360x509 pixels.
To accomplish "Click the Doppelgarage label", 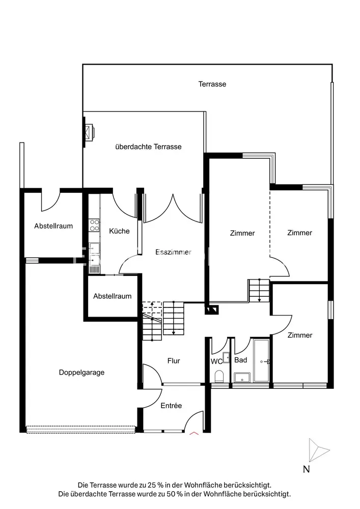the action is coord(81,372).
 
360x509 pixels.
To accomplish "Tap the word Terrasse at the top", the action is coord(212,84).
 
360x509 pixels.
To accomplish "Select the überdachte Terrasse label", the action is coord(148,147).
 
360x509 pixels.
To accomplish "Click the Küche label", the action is coord(119,231).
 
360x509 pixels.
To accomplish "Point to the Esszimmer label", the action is coord(173,252).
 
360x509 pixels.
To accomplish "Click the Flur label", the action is coord(174,361).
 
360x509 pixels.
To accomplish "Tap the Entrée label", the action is coord(171,406).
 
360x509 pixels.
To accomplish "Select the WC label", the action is coord(217,361).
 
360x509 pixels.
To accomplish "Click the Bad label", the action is coord(241,360).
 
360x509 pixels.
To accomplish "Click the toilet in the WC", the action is coord(219,376).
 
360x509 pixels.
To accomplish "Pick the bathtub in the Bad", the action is coord(261,360).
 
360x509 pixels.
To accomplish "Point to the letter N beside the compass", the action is coord(306,469).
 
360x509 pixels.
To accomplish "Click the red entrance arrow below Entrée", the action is coord(194,434).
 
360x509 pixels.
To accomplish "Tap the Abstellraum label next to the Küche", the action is coord(112,296).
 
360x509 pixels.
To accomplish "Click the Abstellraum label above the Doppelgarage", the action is coord(53,226).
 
